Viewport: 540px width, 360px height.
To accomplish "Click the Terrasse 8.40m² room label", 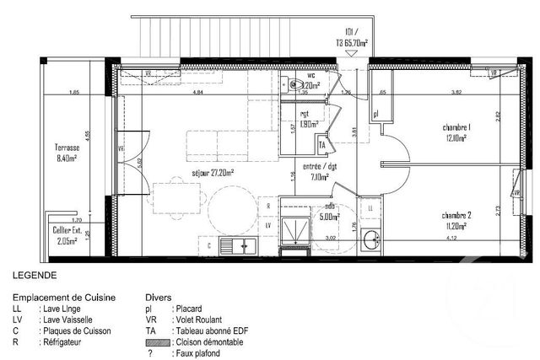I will tap(64, 151).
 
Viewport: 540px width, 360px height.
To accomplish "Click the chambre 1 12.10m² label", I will tap(456, 132).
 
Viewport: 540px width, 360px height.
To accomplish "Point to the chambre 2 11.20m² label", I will tap(456, 220).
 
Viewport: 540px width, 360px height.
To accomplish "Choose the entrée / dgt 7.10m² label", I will tap(321, 172).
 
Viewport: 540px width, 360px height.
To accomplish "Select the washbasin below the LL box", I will tap(370, 241).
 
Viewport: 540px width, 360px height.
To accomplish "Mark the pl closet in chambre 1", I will tap(376, 112).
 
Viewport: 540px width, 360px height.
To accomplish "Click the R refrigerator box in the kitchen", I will tap(267, 206).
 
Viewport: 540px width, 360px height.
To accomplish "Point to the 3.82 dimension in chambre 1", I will tap(456, 91).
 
